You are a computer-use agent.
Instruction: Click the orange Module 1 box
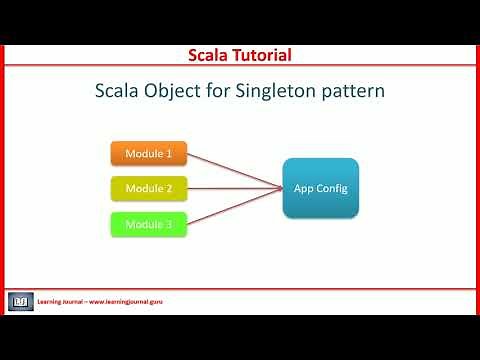pos(148,153)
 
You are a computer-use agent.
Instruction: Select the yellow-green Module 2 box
pos(148,188)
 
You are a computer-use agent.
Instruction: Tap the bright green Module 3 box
pos(148,224)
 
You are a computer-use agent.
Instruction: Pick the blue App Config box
pos(320,188)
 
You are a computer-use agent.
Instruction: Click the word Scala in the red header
pos(211,54)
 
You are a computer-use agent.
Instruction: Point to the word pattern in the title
pos(357,92)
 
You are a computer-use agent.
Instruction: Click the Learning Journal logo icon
pos(21,300)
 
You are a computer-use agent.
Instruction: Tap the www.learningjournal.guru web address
pos(126,301)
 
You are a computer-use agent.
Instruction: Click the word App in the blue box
pos(303,188)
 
